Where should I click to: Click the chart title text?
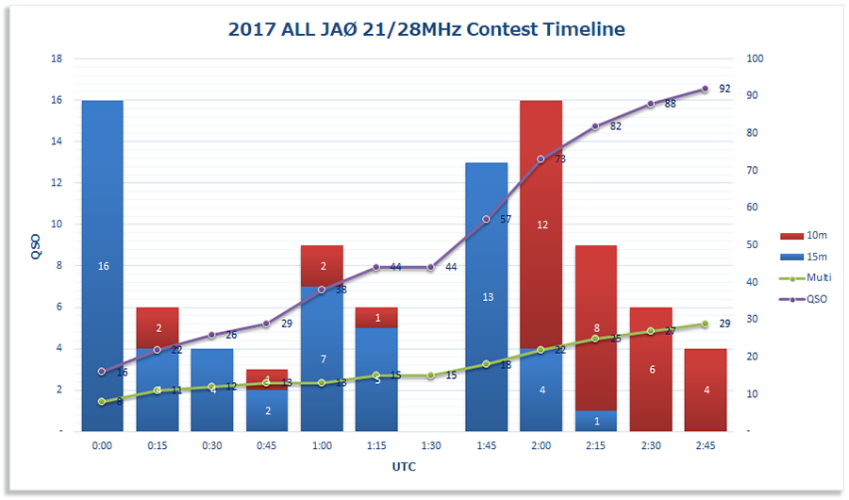pyautogui.click(x=426, y=29)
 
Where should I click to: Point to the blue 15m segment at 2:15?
pyautogui.click(x=595, y=421)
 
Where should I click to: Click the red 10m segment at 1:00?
pyautogui.click(x=322, y=266)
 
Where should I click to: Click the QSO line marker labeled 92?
pyautogui.click(x=705, y=89)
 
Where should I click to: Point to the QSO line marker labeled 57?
pyautogui.click(x=486, y=219)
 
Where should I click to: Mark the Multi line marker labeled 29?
pyautogui.click(x=705, y=324)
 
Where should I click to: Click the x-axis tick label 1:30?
pyautogui.click(x=431, y=446)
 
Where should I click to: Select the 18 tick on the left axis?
pyautogui.click(x=56, y=58)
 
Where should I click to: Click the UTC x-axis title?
pyautogui.click(x=404, y=467)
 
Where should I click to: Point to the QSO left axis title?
pyautogui.click(x=35, y=245)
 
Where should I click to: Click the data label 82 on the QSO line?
pyautogui.click(x=616, y=126)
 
